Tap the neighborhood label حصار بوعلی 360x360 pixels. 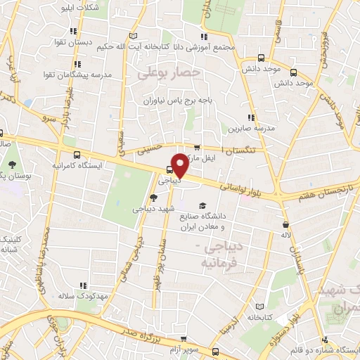(169, 72)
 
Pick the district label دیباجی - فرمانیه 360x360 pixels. (217, 255)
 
